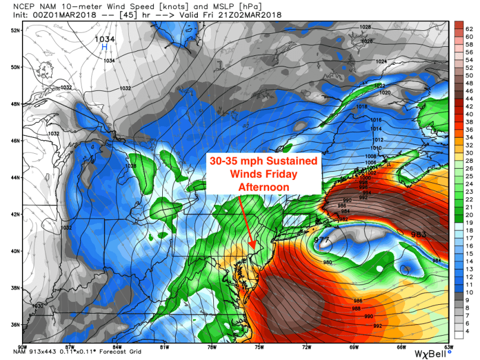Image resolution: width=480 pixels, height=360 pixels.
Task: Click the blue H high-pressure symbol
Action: point(105,46)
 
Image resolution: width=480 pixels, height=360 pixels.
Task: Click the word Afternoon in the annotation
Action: point(264,187)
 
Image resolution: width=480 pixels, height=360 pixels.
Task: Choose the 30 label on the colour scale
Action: point(469,153)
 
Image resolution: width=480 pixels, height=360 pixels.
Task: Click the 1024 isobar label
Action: point(381,62)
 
